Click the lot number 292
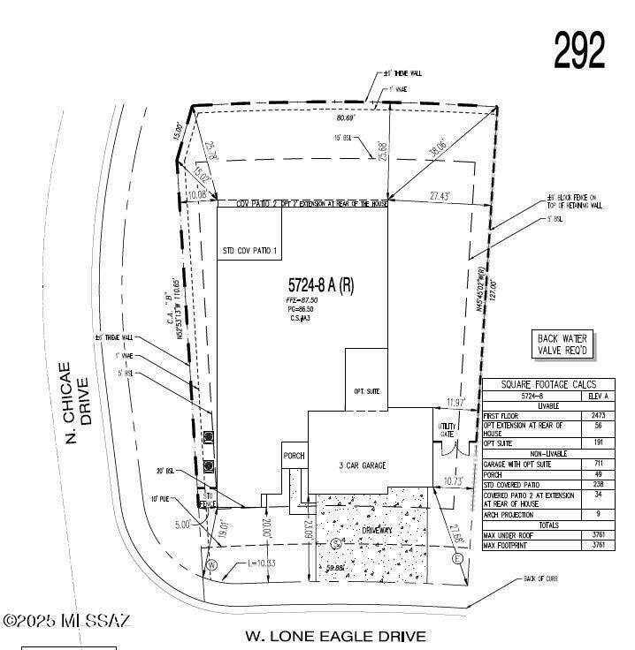[x=579, y=50]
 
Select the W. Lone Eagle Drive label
[x=335, y=635]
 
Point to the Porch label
[x=294, y=457]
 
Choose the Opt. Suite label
[x=366, y=389]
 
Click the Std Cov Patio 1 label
[x=249, y=251]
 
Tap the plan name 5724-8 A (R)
[x=321, y=285]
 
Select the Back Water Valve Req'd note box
[x=562, y=345]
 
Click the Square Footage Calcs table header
[x=548, y=384]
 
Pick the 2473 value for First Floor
[x=598, y=414]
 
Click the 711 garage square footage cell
[x=598, y=463]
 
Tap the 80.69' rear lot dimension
[x=346, y=117]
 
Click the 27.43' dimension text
[x=442, y=193]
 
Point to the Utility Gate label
[x=447, y=431]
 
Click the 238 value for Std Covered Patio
[x=598, y=484]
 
